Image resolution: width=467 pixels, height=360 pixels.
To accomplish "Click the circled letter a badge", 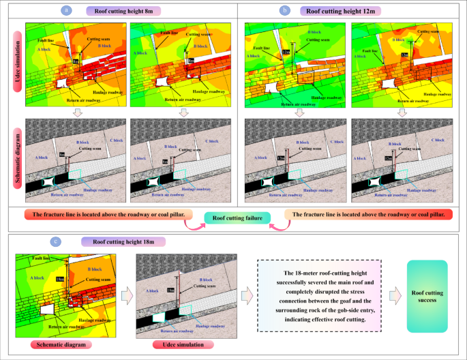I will point(65,10).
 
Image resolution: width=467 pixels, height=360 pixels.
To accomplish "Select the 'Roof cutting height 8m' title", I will point(122,10).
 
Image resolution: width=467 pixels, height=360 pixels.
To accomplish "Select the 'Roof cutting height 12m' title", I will point(344,10).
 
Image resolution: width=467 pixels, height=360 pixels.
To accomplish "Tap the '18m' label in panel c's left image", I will point(59,280).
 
